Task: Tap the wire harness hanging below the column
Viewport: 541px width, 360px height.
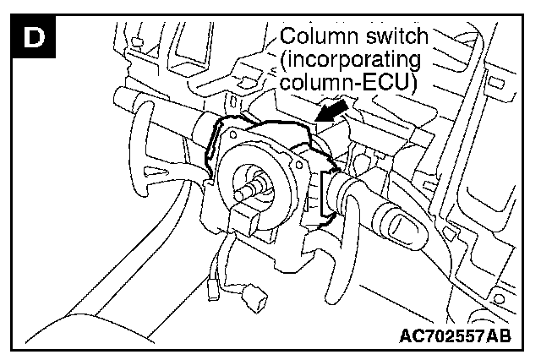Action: [x=224, y=262]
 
